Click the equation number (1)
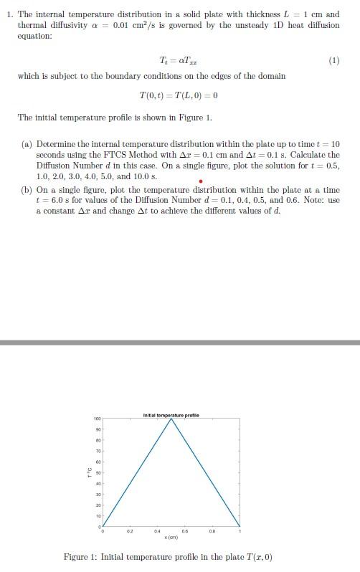(x=333, y=61)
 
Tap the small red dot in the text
(x=201, y=181)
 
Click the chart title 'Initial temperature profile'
(x=171, y=415)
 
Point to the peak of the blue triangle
(x=171, y=419)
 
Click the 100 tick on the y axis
(x=97, y=419)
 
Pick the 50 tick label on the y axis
(x=98, y=472)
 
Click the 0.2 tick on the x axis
(x=130, y=532)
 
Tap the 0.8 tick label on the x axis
(x=212, y=532)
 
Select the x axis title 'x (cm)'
(x=171, y=538)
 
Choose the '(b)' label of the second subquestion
(x=27, y=191)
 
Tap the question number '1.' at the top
(x=10, y=14)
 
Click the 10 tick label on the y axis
(x=98, y=515)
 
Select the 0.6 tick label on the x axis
(x=185, y=532)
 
